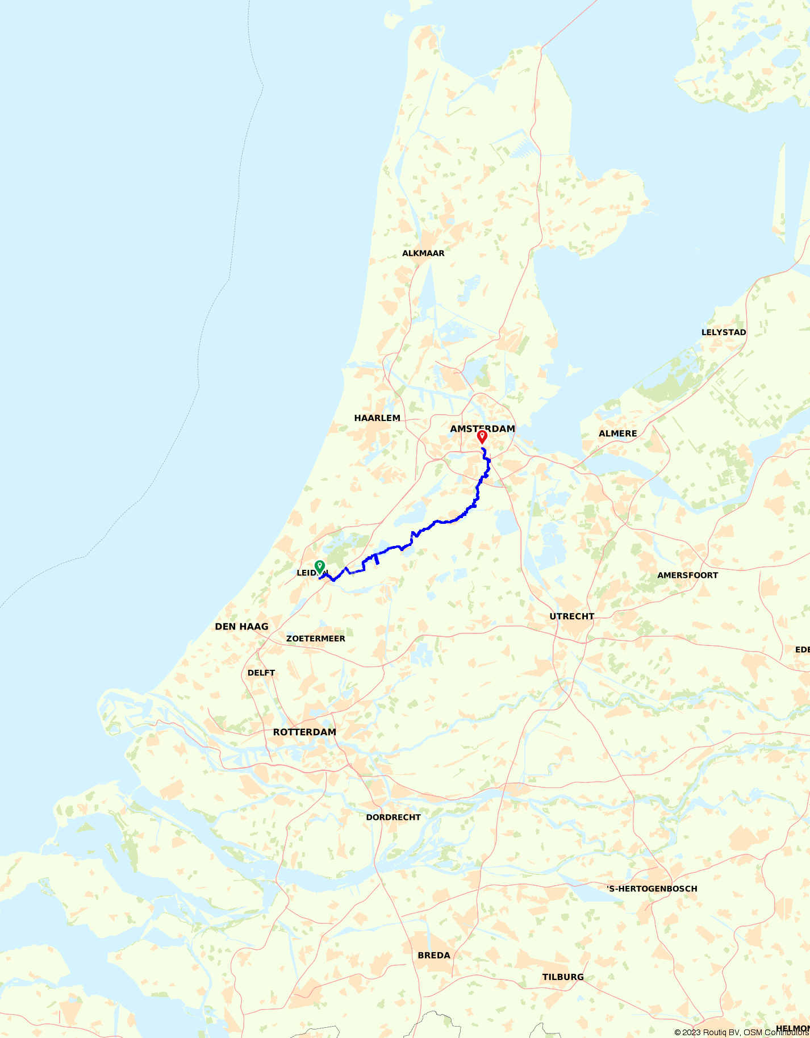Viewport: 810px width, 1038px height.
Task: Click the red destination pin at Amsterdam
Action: tap(482, 436)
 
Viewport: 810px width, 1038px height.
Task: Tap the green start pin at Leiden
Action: tap(320, 566)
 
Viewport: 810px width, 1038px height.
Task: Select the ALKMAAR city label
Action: tap(423, 253)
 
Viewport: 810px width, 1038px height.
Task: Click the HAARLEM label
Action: tap(377, 418)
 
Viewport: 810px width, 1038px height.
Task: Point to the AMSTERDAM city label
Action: tap(482, 428)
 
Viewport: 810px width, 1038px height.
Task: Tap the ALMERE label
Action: tap(617, 433)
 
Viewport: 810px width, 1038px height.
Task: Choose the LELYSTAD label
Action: tap(724, 332)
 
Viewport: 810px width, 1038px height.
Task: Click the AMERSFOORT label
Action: tap(687, 576)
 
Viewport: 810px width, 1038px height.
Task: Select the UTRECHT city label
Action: tap(571, 616)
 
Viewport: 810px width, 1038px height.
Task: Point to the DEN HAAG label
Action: tap(241, 627)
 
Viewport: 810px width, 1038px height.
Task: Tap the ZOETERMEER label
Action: tap(315, 639)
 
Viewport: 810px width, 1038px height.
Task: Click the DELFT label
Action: tap(261, 673)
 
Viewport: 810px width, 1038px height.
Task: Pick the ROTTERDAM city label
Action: tap(304, 732)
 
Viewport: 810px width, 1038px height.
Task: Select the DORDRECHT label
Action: tap(393, 818)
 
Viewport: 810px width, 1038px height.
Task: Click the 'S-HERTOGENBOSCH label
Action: tap(652, 889)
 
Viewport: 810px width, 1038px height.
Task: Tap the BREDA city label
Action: tap(434, 956)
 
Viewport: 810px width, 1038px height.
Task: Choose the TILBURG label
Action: tap(562, 977)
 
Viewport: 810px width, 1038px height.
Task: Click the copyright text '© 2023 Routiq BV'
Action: tap(707, 1032)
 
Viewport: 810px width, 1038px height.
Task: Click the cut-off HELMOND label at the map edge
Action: tap(793, 1028)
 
